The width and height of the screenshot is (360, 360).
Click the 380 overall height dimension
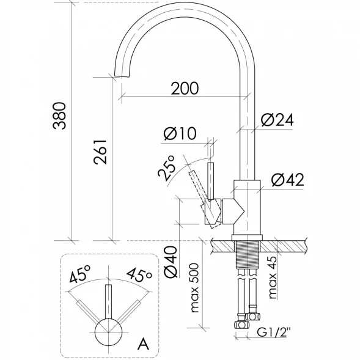click(x=60, y=116)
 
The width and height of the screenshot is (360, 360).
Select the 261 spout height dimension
click(x=101, y=152)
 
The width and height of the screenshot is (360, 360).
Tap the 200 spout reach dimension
click(x=185, y=88)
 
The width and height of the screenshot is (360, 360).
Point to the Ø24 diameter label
click(x=277, y=120)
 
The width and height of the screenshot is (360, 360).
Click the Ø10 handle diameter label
click(x=180, y=133)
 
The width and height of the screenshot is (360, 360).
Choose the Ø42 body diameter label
click(x=287, y=180)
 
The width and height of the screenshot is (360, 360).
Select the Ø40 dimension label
click(x=171, y=262)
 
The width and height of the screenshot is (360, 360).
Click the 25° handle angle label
click(x=167, y=168)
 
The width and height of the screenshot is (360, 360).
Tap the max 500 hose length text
click(x=195, y=288)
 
